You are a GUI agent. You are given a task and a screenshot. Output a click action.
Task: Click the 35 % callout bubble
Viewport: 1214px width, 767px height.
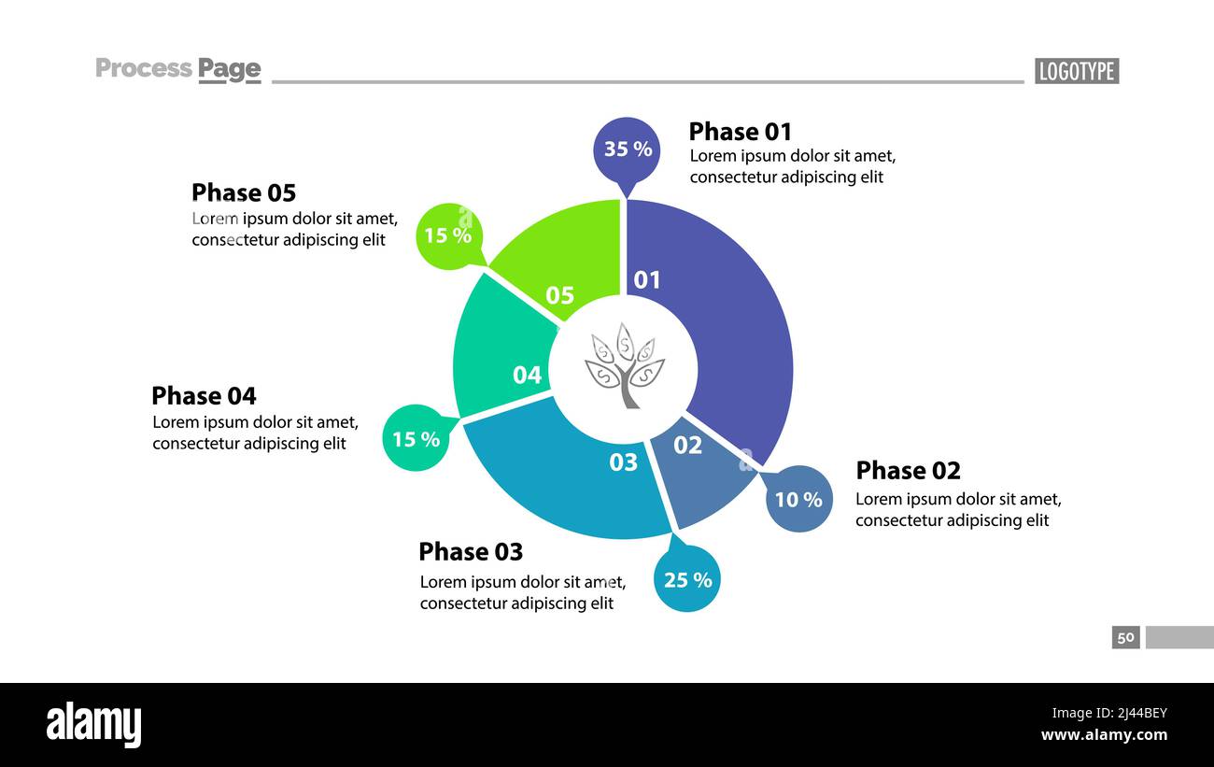tap(627, 149)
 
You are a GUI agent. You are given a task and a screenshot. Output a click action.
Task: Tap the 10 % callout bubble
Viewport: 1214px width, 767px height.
tap(798, 499)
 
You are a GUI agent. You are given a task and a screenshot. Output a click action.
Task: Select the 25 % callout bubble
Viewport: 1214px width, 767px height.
tap(687, 579)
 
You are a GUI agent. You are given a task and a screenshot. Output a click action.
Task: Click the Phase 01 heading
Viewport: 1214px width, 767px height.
tap(740, 132)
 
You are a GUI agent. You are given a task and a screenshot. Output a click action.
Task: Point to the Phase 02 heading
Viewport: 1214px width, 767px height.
tap(908, 470)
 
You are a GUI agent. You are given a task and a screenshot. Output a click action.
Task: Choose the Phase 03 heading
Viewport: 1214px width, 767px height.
tap(471, 551)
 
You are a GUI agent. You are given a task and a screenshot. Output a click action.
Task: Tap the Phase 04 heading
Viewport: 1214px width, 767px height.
tap(204, 395)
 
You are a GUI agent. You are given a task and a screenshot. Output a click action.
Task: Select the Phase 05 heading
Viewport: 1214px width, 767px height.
tap(244, 192)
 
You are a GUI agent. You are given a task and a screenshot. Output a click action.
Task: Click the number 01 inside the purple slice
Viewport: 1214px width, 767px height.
tap(647, 279)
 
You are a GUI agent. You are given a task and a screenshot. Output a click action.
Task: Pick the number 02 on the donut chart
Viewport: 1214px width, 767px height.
tap(687, 446)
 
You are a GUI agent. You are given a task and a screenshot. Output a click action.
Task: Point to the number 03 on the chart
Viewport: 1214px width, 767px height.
tap(623, 462)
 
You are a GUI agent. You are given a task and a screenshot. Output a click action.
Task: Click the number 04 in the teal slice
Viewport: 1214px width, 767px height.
tap(527, 376)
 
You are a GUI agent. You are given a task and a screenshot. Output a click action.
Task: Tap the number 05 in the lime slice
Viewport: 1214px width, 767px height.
tap(559, 295)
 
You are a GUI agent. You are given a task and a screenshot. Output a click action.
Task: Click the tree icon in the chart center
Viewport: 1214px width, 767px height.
tap(624, 365)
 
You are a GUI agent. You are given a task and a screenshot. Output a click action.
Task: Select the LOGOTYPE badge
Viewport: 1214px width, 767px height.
tap(1076, 71)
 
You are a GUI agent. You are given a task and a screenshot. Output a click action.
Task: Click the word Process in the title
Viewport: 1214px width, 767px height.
tap(144, 68)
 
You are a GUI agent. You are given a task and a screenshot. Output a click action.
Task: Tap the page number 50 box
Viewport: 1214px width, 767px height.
tap(1125, 637)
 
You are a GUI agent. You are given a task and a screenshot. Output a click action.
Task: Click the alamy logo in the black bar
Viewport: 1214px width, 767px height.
tap(93, 725)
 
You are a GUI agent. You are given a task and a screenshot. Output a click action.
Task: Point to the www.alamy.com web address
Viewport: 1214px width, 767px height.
tap(1104, 735)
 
